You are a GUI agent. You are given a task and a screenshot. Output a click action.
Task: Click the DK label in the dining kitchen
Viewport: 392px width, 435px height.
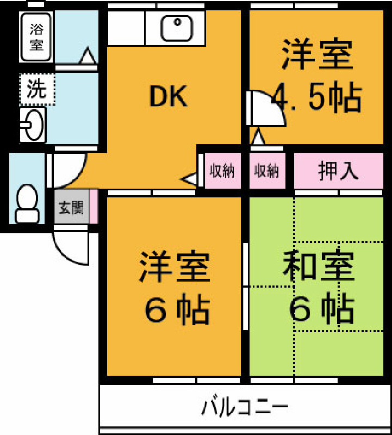tap(168, 96)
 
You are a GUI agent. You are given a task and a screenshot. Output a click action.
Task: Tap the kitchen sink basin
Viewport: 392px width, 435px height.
tap(177, 28)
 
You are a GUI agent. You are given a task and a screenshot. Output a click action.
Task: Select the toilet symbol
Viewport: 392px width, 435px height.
tap(27, 203)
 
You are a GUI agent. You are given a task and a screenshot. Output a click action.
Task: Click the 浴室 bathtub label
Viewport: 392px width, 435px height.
tap(36, 36)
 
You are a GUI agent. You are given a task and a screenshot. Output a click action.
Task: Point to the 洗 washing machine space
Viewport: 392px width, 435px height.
tap(37, 89)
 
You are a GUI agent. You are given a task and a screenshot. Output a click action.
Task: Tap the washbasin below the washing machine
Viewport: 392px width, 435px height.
tap(33, 125)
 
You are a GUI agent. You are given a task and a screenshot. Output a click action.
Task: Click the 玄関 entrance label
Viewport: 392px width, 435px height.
tap(71, 208)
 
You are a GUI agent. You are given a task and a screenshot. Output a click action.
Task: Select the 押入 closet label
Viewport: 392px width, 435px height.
tap(338, 170)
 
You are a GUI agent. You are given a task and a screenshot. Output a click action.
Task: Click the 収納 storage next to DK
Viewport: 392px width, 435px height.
tap(222, 171)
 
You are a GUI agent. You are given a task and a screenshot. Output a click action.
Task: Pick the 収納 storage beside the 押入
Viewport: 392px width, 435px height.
tap(267, 171)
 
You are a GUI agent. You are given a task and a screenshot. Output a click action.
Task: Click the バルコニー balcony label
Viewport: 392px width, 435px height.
tap(245, 407)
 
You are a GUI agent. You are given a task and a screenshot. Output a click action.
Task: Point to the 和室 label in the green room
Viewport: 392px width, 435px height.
tap(318, 265)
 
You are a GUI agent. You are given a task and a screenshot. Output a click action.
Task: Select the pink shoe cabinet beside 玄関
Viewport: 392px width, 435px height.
tap(94, 207)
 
